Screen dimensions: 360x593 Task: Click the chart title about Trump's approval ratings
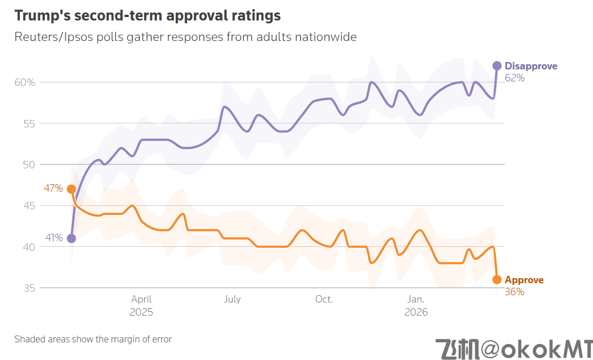[147, 15]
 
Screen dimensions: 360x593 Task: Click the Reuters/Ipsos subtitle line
[186, 37]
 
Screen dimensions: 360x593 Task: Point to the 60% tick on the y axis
[24, 82]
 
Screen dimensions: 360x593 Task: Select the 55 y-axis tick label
[28, 123]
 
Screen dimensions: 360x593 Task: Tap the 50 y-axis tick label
[28, 165]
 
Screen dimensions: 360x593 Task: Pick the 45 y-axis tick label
[28, 206]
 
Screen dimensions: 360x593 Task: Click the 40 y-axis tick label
[28, 247]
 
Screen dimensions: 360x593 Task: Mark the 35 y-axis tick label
[28, 288]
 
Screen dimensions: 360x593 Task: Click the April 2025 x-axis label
[141, 305]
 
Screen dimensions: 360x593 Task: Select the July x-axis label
[232, 299]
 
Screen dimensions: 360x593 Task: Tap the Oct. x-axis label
[324, 299]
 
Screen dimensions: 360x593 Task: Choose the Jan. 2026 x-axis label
[415, 305]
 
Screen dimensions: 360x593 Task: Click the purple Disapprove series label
[531, 66]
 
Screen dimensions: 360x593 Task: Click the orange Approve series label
[524, 280]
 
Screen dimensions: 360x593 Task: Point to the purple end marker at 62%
[497, 65]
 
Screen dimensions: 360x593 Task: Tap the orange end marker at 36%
[497, 279]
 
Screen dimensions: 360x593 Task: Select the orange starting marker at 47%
[71, 189]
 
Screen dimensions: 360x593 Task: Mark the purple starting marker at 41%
[71, 238]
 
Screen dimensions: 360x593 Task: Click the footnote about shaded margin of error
[93, 339]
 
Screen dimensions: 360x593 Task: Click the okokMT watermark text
[514, 348]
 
